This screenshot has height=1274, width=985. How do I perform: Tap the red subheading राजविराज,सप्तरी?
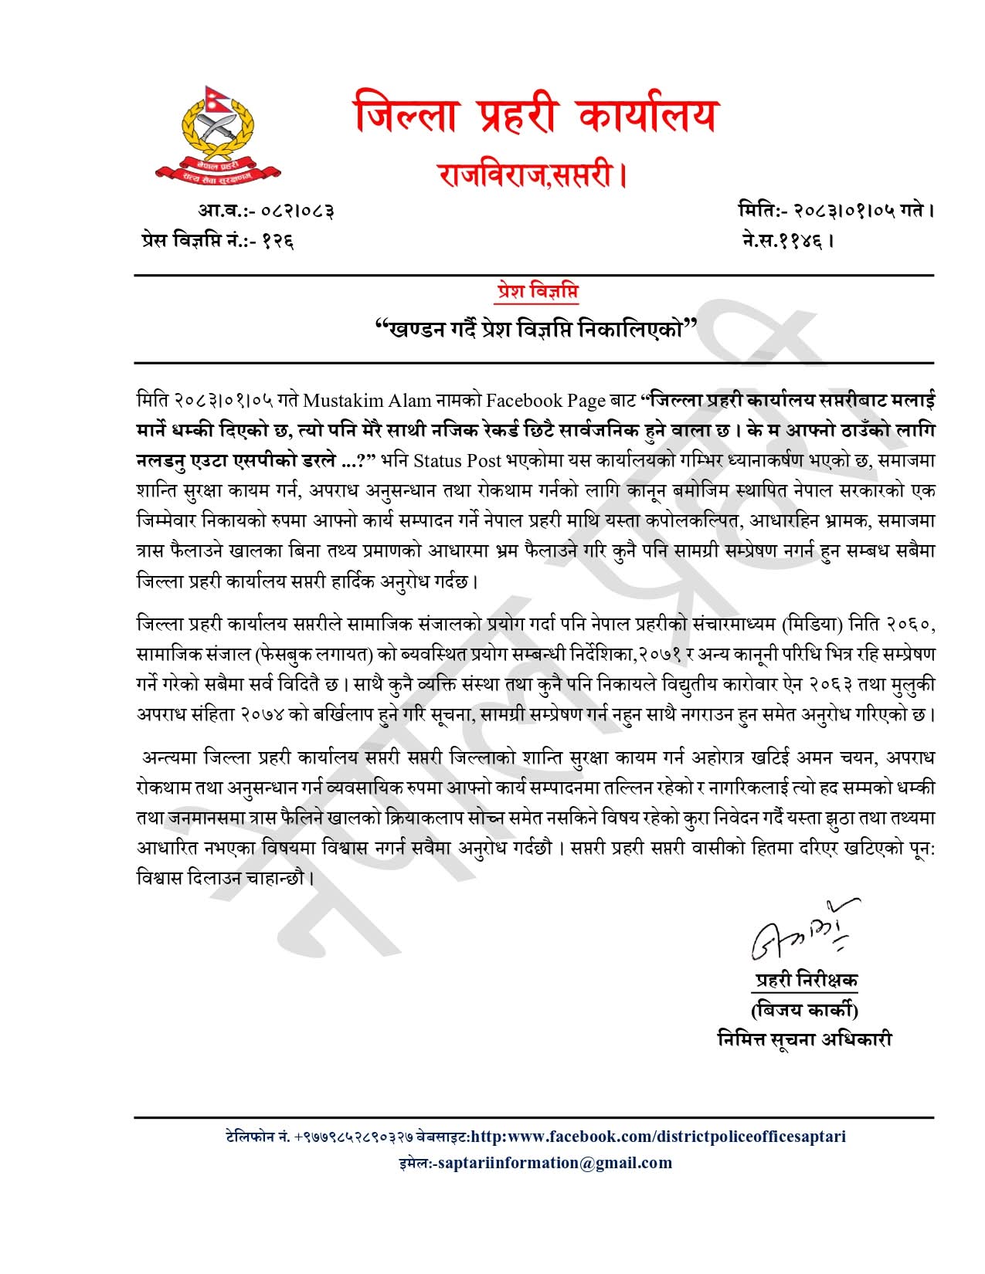tap(532, 174)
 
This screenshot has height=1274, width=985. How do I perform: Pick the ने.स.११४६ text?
tap(787, 240)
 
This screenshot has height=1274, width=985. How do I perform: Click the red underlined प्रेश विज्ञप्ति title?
tap(538, 292)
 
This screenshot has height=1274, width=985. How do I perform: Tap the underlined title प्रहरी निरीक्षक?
tap(806, 981)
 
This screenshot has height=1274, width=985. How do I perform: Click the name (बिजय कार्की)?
tap(803, 1010)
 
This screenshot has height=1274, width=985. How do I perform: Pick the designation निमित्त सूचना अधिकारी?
tap(804, 1039)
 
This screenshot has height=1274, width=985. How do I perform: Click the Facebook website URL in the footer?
tap(657, 1136)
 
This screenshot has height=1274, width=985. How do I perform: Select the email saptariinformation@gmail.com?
tap(554, 1163)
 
